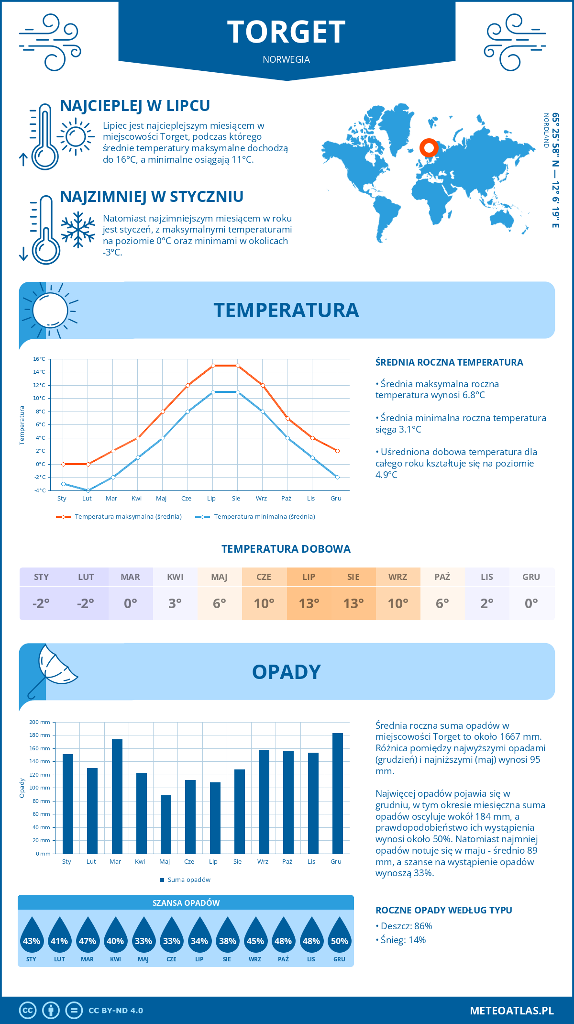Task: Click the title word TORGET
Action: point(286,32)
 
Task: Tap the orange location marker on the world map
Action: point(429,148)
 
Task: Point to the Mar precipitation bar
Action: point(117,796)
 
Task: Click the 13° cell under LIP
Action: point(309,603)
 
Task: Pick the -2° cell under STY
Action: point(41,603)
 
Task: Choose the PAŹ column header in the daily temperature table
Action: point(442,577)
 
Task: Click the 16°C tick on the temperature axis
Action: point(39,359)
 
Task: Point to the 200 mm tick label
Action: point(40,722)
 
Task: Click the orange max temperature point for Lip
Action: point(213,366)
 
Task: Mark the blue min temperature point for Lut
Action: point(88,490)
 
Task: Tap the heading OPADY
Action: point(286,672)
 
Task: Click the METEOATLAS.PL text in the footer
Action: point(511,1011)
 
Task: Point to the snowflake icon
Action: point(78,229)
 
